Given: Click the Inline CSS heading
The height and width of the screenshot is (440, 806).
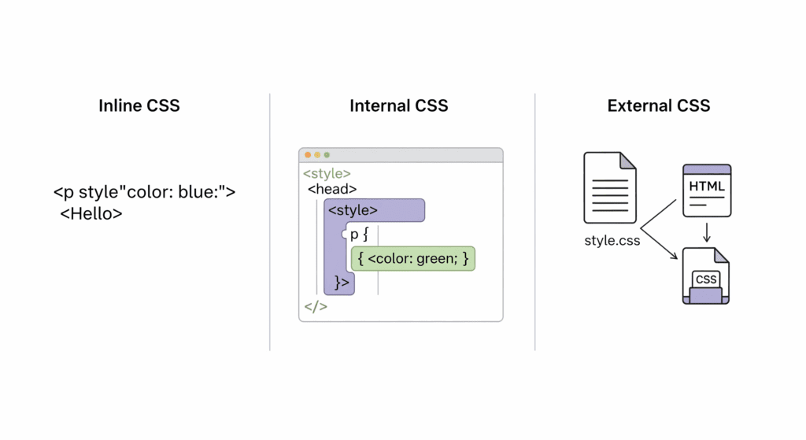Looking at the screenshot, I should pyautogui.click(x=139, y=105).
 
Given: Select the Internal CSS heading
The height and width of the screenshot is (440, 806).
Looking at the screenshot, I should pyautogui.click(x=399, y=105).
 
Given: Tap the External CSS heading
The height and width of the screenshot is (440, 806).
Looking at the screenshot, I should pyautogui.click(x=659, y=105).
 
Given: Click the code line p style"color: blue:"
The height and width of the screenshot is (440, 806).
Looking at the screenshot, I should pyautogui.click(x=145, y=191).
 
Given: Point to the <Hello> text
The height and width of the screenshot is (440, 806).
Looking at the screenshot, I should pyautogui.click(x=91, y=213).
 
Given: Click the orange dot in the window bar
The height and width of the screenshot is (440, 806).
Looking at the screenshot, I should pyautogui.click(x=308, y=155).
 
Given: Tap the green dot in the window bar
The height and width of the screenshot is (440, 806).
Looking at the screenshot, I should pyautogui.click(x=327, y=155).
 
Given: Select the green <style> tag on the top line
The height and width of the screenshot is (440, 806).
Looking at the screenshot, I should pyautogui.click(x=327, y=173).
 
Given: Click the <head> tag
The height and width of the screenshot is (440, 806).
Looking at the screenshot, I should pyautogui.click(x=332, y=189).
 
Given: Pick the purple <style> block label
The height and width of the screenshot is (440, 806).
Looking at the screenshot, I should pyautogui.click(x=353, y=210).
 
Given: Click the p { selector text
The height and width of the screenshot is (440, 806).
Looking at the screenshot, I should pyautogui.click(x=360, y=234).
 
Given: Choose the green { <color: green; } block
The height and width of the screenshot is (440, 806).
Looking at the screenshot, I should pyautogui.click(x=413, y=258).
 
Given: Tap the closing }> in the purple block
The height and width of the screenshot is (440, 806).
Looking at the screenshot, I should pyautogui.click(x=342, y=282).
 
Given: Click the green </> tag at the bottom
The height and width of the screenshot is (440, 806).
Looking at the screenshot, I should pyautogui.click(x=315, y=306).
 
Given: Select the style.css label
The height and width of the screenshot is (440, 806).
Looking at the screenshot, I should pyautogui.click(x=612, y=241).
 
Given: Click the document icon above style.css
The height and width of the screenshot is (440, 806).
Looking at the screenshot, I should pyautogui.click(x=609, y=188).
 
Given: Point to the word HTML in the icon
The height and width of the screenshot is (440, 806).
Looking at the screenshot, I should pyautogui.click(x=707, y=187).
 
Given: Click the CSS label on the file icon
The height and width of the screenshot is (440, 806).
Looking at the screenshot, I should pyautogui.click(x=706, y=279).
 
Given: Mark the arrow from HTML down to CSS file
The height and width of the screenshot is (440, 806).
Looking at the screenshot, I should pyautogui.click(x=707, y=231).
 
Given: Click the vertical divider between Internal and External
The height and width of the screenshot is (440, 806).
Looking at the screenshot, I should pyautogui.click(x=535, y=220).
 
